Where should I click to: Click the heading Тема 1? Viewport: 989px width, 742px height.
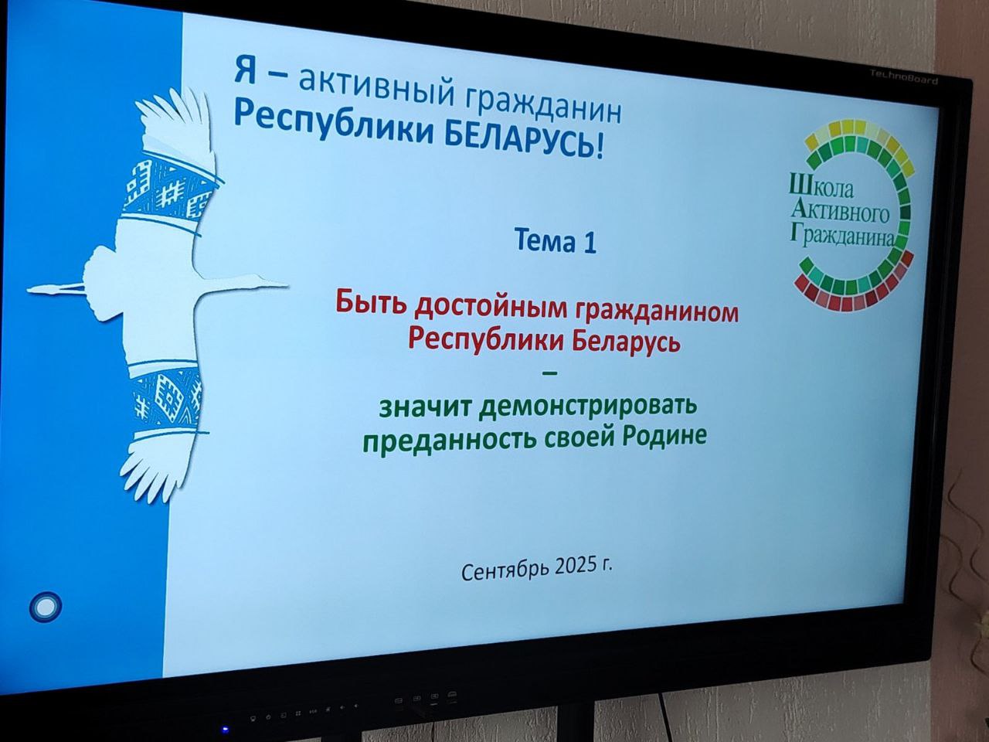556,240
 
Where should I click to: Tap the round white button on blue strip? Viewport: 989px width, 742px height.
45,607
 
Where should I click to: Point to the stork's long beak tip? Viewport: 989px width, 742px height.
287,284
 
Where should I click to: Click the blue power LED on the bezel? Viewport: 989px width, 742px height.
225,729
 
